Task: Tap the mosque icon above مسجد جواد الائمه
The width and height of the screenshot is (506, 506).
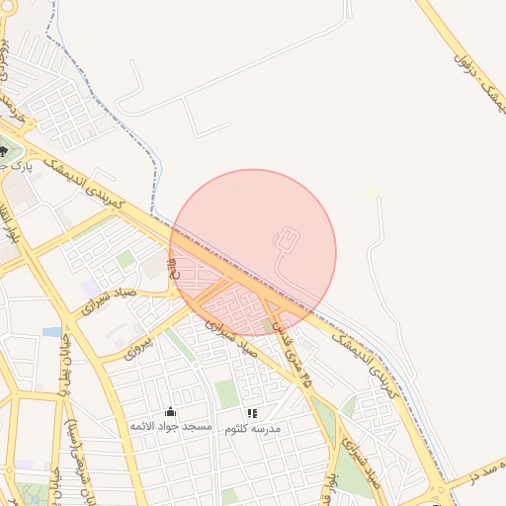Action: [170, 412]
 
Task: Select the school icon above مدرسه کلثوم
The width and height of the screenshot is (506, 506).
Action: [252, 413]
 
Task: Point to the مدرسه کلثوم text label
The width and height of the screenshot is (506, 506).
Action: [253, 428]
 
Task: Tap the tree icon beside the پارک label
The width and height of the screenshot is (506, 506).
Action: [4, 150]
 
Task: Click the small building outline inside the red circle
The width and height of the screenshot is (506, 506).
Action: [287, 237]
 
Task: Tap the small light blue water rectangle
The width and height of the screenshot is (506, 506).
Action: [51, 332]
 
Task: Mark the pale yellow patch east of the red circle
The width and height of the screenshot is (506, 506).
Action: [373, 194]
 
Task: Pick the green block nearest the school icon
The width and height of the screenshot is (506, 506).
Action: [227, 393]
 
